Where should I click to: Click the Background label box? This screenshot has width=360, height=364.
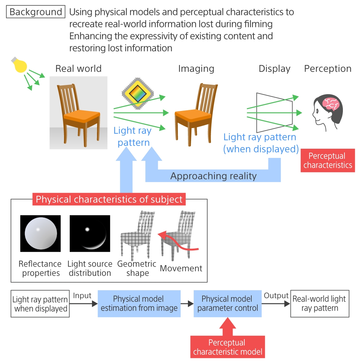tap(35, 12)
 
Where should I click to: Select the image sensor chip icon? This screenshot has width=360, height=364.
tap(138, 93)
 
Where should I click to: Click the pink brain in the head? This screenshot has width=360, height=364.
tap(331, 104)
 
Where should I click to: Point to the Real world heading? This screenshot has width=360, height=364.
tap(78, 69)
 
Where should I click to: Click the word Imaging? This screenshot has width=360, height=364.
tap(196, 69)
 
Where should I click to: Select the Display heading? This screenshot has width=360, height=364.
tap(274, 69)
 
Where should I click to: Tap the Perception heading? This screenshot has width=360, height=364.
tap(328, 69)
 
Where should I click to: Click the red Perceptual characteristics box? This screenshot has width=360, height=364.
tap(328, 160)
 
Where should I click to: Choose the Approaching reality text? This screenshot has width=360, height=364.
tap(213, 176)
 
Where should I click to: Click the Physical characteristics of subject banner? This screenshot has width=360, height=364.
tap(109, 199)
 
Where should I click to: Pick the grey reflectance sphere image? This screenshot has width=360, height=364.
tap(41, 234)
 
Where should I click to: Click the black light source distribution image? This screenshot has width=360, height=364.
tap(90, 234)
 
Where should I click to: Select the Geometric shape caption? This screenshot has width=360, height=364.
tap(137, 268)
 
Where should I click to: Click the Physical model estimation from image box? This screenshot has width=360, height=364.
tap(139, 304)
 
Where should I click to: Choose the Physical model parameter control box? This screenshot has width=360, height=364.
tap(228, 304)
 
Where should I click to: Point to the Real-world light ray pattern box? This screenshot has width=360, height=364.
tap(320, 304)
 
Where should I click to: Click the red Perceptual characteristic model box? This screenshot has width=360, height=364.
tap(228, 347)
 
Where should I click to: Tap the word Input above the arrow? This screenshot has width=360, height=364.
tap(82, 296)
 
